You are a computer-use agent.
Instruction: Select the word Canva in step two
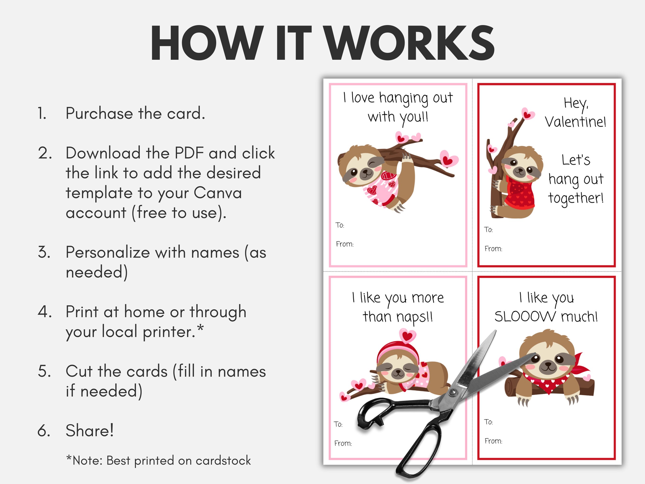218,193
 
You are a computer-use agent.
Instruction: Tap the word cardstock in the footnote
223,461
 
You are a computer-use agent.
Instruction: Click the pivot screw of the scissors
452,392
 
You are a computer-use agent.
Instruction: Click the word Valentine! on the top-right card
575,122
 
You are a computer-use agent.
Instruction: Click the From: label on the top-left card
345,244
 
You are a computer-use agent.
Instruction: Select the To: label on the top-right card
489,230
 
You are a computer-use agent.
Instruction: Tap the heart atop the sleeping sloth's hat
407,336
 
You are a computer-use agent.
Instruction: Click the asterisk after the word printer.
200,328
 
